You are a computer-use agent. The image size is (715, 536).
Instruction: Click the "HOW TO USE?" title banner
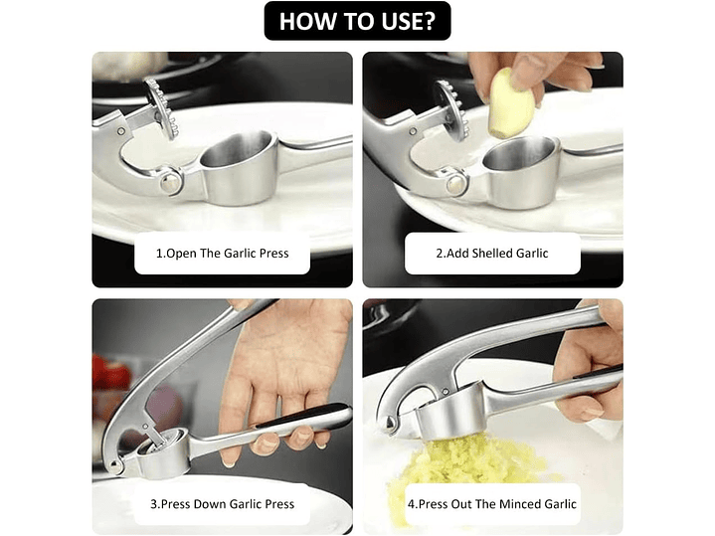[x=358, y=21]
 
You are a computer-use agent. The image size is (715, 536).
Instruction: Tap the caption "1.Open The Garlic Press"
[x=222, y=254]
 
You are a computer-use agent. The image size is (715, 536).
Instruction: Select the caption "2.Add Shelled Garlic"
[x=492, y=254]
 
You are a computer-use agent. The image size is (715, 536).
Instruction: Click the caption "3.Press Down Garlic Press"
[x=222, y=504]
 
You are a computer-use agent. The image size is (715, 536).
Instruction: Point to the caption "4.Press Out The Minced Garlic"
[x=492, y=504]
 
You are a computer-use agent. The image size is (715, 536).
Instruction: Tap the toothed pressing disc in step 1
[x=162, y=108]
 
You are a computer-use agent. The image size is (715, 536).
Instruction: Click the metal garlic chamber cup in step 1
[x=239, y=167]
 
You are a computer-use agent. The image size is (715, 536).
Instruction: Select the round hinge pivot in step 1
[x=171, y=182]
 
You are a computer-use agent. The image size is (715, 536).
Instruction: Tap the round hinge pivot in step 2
[x=456, y=184]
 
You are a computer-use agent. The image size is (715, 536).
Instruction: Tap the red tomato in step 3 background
[x=109, y=372]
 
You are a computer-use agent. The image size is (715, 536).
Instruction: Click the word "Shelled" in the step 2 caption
[x=492, y=254]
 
